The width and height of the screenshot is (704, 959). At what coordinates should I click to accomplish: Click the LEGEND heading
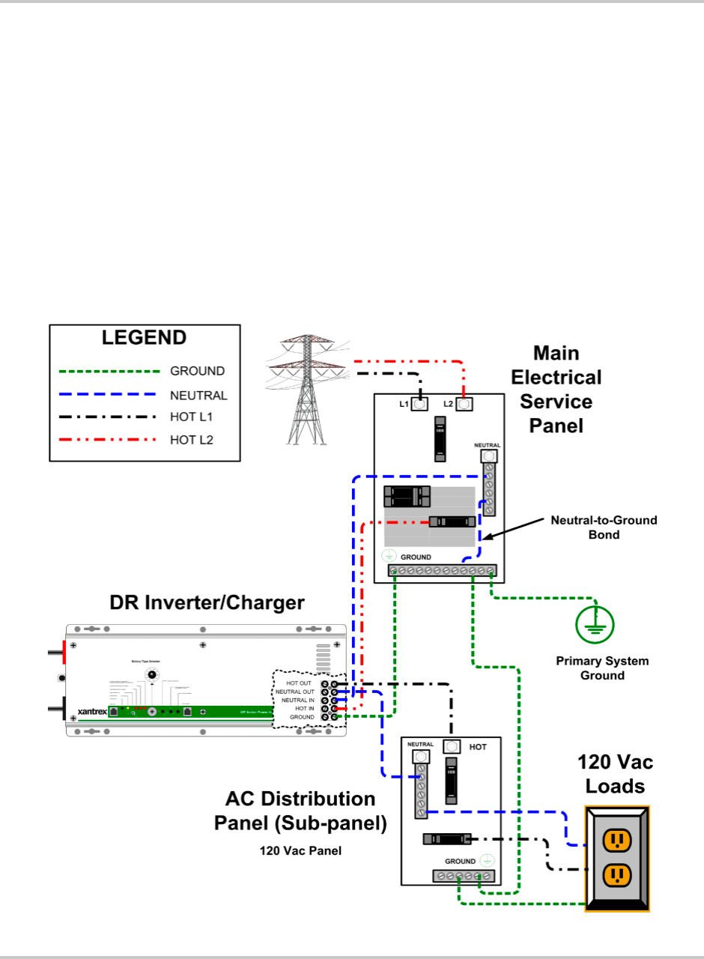tap(144, 338)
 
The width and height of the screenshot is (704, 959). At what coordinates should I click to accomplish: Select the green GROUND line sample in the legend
tap(109, 371)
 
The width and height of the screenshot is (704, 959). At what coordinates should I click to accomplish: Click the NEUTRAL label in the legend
tap(198, 396)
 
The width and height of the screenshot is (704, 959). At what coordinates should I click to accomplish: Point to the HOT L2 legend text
tap(192, 441)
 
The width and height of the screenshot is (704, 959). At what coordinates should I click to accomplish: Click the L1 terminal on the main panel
tap(420, 405)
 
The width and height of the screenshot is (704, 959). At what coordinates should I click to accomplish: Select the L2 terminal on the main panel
tap(464, 405)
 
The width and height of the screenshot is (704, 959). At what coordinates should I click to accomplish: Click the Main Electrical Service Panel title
tap(556, 390)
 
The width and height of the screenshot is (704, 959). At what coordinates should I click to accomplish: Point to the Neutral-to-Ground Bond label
tap(604, 527)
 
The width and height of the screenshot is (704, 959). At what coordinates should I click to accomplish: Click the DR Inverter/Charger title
tap(207, 603)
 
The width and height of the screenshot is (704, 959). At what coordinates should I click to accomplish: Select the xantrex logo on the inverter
tap(92, 711)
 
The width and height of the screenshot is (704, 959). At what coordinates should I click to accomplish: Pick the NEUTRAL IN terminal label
tap(298, 701)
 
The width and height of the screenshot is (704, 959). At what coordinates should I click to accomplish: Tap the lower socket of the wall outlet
tap(616, 873)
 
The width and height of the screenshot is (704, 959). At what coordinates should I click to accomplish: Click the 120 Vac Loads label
tap(615, 775)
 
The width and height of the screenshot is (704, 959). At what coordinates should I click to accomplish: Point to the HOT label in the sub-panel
tap(478, 747)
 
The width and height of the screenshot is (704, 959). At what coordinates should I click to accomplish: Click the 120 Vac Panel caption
tap(300, 851)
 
